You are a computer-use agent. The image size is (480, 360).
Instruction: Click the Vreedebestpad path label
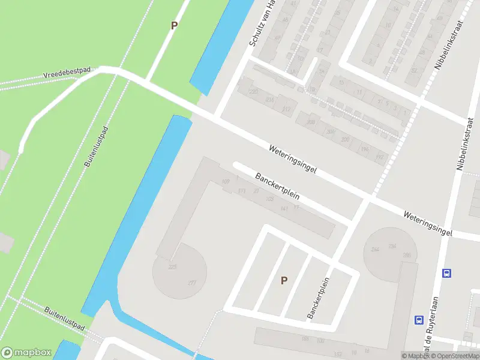click(x=66, y=73)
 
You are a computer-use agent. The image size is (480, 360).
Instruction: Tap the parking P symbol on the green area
click(x=175, y=26)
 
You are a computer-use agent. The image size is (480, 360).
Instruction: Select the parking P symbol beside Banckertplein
click(x=284, y=280)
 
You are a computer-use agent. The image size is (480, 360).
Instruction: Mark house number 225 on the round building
click(x=173, y=267)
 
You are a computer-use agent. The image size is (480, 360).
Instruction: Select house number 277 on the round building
click(x=192, y=283)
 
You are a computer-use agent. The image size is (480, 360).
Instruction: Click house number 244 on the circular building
click(x=376, y=250)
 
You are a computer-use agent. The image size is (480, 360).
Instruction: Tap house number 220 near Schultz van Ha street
click(x=253, y=92)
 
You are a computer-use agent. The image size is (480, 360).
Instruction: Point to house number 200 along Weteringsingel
click(x=345, y=140)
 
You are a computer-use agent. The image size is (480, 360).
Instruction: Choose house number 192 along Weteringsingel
click(x=379, y=157)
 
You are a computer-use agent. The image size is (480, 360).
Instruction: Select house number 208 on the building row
click(x=311, y=122)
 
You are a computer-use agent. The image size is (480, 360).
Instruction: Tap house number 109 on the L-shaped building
click(x=226, y=181)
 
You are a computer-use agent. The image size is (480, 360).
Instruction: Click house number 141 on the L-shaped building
click(x=284, y=208)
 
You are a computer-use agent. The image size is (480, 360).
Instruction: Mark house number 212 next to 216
click(x=286, y=109)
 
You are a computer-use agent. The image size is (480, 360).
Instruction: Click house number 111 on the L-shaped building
click(x=242, y=191)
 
